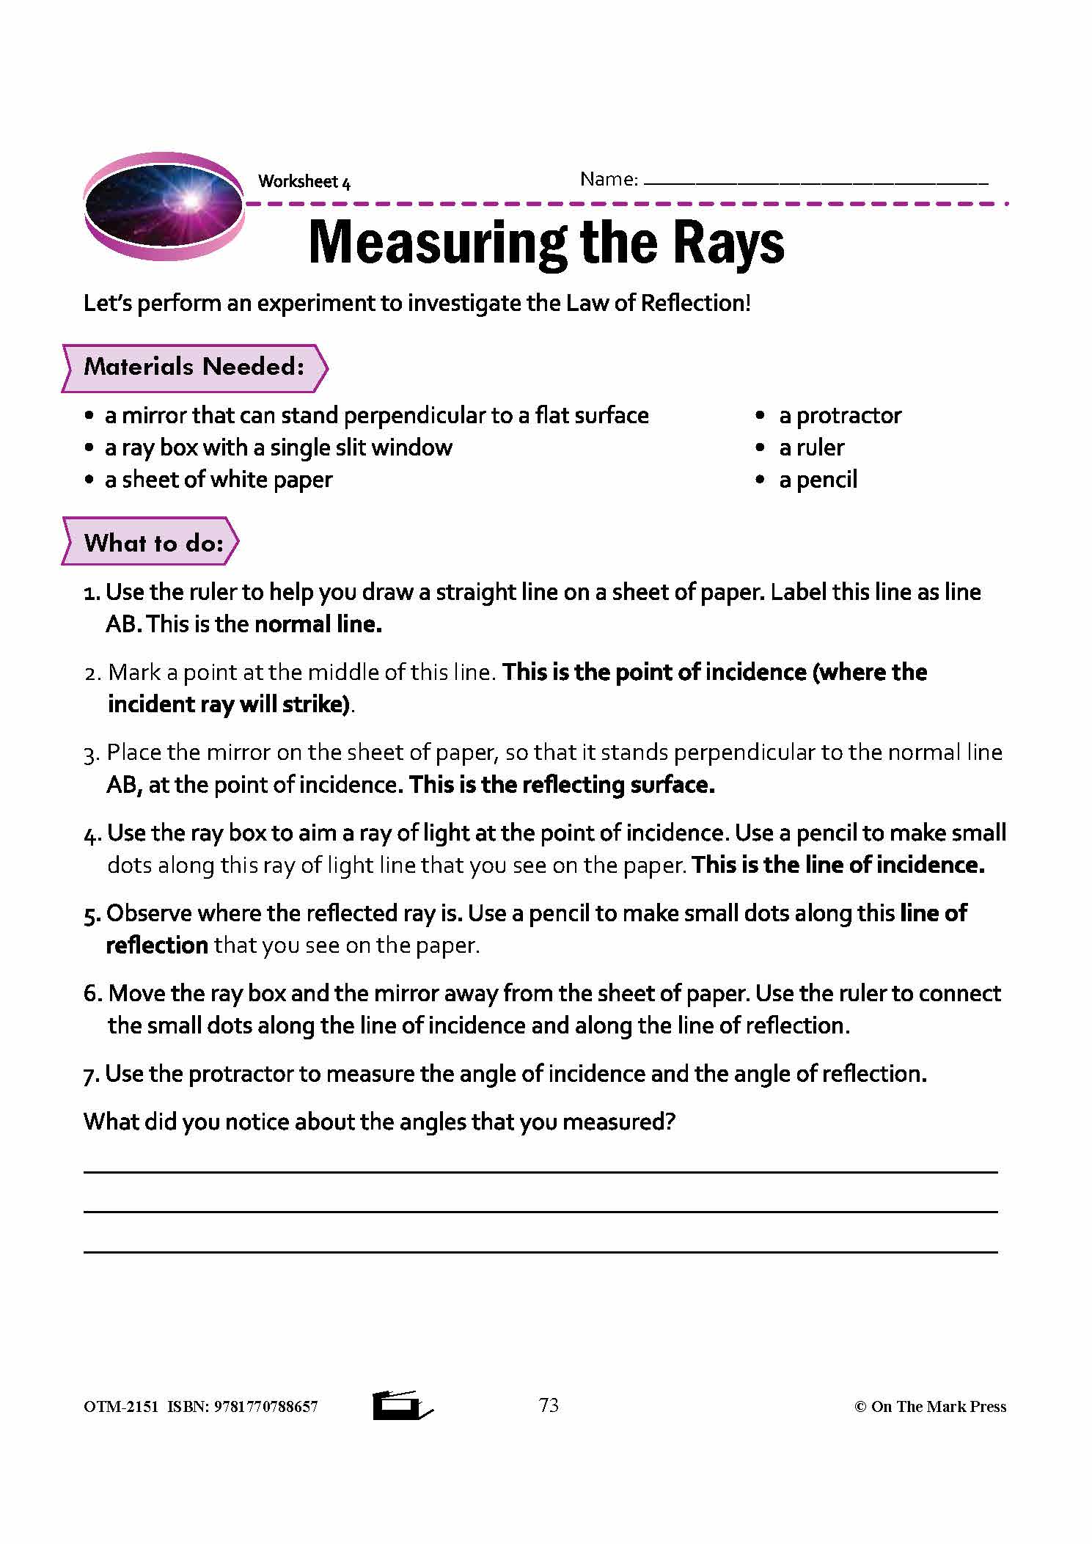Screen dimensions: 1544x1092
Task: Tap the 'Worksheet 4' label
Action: (x=304, y=182)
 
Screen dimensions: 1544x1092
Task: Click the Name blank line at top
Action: (x=815, y=182)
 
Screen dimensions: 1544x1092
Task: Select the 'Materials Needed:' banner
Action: (x=194, y=367)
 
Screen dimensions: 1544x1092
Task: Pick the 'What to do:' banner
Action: (x=153, y=543)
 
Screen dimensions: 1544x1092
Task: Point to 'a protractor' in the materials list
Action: (x=840, y=416)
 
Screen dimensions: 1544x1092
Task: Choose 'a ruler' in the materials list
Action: (x=811, y=447)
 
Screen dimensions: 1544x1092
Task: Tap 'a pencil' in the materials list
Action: (x=818, y=480)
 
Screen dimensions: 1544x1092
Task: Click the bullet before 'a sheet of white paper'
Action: (x=89, y=480)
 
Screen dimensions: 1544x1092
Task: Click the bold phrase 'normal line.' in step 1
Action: (x=318, y=624)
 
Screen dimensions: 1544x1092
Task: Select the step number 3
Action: (x=91, y=754)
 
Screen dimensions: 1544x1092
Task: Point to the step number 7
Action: (x=90, y=1075)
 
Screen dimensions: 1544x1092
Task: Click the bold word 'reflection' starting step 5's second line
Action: (x=157, y=945)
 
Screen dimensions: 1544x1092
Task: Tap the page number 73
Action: (x=549, y=1405)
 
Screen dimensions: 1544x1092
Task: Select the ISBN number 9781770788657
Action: (x=266, y=1407)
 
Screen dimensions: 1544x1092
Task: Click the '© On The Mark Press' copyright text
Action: (x=930, y=1407)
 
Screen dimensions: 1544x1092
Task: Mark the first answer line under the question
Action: (x=540, y=1171)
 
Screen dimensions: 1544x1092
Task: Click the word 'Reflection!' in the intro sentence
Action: (x=695, y=303)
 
